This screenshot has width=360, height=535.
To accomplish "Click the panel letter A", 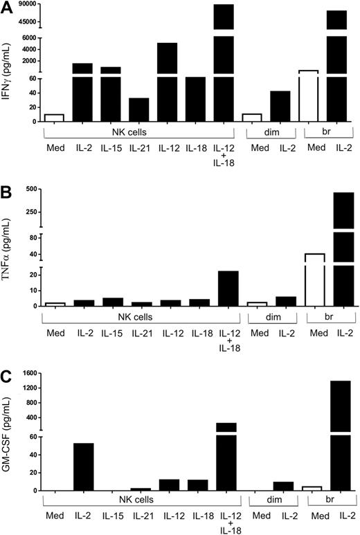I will [6, 7].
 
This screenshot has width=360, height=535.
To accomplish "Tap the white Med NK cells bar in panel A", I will [54, 118].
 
